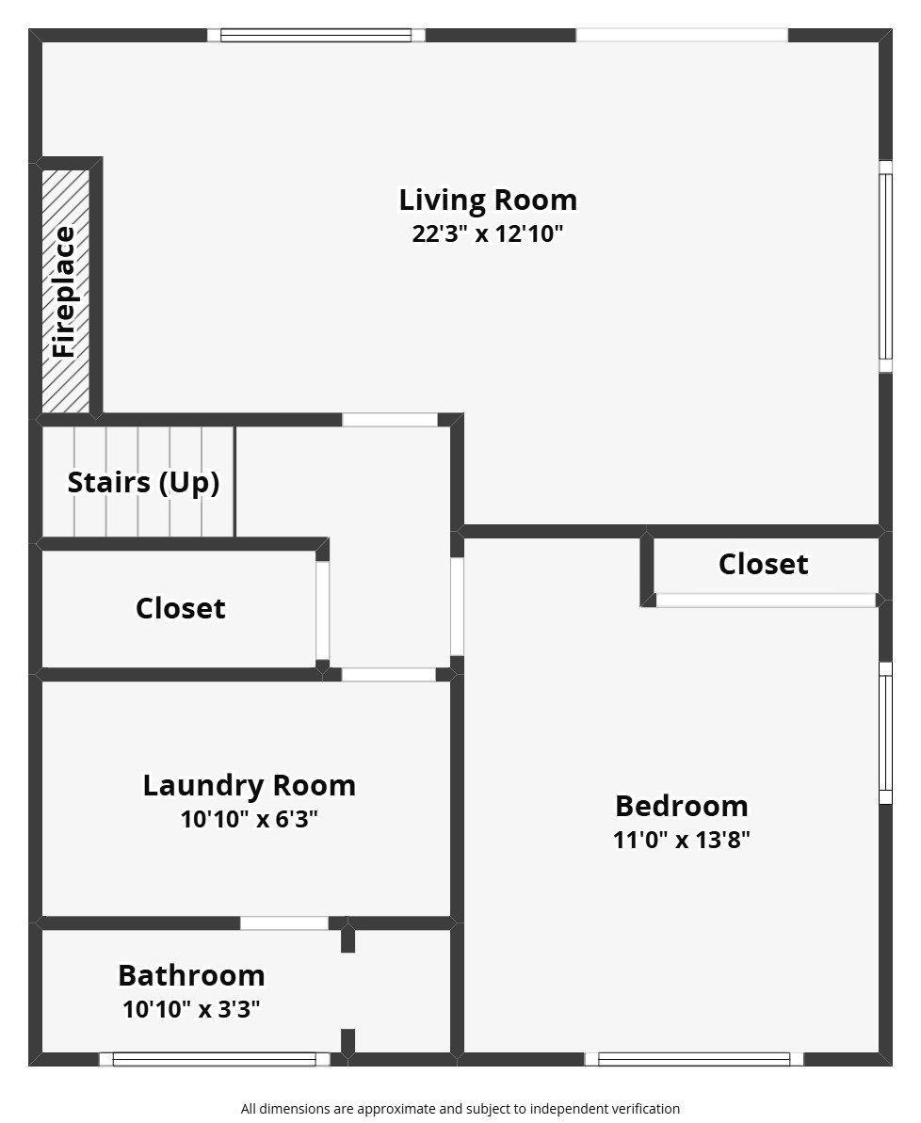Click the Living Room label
click(488, 200)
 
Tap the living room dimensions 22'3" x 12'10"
click(488, 233)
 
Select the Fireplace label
click(64, 292)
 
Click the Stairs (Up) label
click(143, 483)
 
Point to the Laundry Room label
click(250, 786)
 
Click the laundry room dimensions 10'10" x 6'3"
click(250, 819)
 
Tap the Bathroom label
click(191, 975)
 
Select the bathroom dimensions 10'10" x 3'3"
click(191, 1009)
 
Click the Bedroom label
click(682, 807)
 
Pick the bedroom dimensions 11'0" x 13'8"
click(682, 840)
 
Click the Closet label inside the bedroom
click(764, 565)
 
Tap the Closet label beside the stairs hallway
click(181, 609)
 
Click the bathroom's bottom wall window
click(215, 1059)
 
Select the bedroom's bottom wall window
click(694, 1059)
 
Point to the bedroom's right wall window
click(886, 732)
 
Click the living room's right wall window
click(886, 266)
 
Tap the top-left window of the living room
click(316, 35)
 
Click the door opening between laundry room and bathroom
click(284, 923)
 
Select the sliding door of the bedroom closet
click(767, 601)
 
